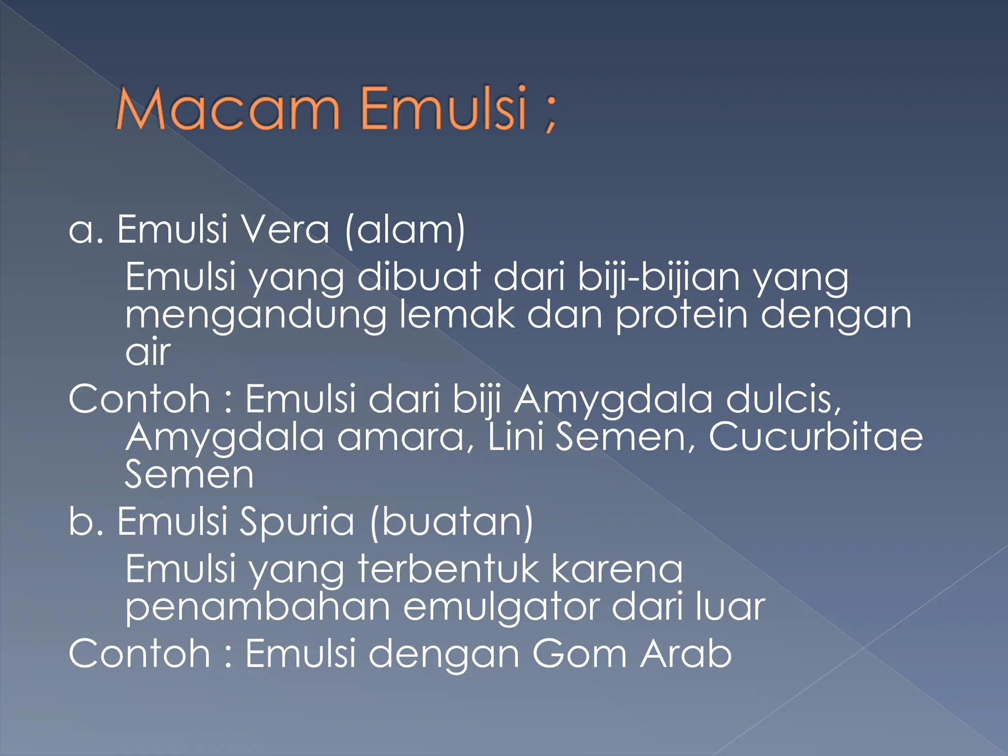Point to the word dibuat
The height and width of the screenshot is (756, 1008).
pos(418,277)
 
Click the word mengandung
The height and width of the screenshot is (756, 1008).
pos(256,316)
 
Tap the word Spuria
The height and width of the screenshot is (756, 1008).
pos(296,522)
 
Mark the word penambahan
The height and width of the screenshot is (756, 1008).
pos(258,608)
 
